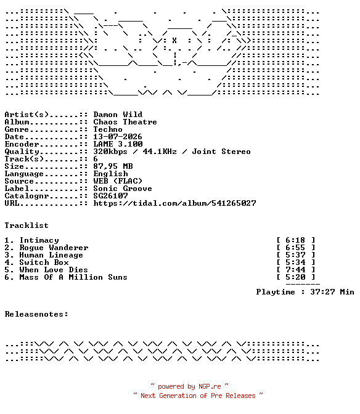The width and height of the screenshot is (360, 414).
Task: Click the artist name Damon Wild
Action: [118, 115]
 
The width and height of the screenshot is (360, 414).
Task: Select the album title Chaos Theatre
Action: [125, 122]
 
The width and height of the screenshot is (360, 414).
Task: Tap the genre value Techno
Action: [108, 129]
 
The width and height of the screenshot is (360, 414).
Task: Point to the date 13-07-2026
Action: [118, 137]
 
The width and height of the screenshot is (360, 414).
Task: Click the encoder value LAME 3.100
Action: [118, 144]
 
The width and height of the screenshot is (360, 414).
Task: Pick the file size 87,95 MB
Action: [113, 166]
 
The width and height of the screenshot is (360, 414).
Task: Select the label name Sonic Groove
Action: [123, 189]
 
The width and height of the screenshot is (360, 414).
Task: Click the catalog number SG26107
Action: [110, 196]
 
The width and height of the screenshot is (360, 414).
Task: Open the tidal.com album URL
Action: [174, 203]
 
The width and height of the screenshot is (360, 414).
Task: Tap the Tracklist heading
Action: [27, 225]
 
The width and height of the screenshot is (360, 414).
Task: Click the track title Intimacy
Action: [39, 240]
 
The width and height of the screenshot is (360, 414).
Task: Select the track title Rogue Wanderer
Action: [54, 248]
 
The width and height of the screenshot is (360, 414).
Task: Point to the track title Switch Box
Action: [44, 262]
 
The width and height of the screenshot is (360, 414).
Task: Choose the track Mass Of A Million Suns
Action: [73, 277]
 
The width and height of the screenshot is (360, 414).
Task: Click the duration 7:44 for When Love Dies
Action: [295, 270]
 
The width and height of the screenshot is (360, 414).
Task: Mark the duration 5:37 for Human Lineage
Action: [295, 255]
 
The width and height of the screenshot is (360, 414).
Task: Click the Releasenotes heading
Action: [36, 314]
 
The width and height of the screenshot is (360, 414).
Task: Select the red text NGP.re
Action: [210, 386]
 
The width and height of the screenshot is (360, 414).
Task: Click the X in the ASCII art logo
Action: [174, 41]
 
